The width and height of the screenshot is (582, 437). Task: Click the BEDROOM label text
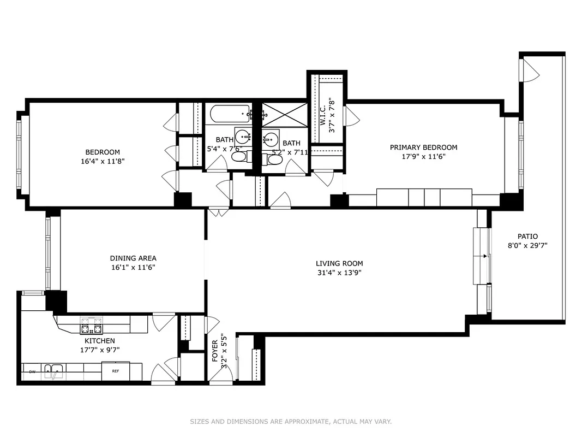[102, 152]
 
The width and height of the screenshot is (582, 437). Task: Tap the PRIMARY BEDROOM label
[423, 147]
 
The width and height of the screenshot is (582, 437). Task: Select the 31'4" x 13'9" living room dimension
[339, 273]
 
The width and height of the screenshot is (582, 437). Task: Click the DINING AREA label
[133, 258]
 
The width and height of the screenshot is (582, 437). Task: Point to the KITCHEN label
[99, 341]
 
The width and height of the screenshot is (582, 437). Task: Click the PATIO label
[527, 237]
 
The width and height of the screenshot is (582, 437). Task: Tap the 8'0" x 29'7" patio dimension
[527, 246]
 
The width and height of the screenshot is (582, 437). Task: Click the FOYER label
[214, 351]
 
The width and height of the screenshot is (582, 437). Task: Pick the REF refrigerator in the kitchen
[116, 371]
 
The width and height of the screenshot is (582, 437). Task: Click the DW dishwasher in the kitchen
[32, 372]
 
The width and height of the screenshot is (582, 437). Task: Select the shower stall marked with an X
[283, 114]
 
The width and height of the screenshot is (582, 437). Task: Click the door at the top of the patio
[529, 70]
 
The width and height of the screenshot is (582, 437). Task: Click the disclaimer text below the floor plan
[291, 422]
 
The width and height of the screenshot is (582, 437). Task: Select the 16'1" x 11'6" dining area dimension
[133, 268]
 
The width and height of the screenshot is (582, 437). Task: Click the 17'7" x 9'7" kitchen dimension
[99, 350]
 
